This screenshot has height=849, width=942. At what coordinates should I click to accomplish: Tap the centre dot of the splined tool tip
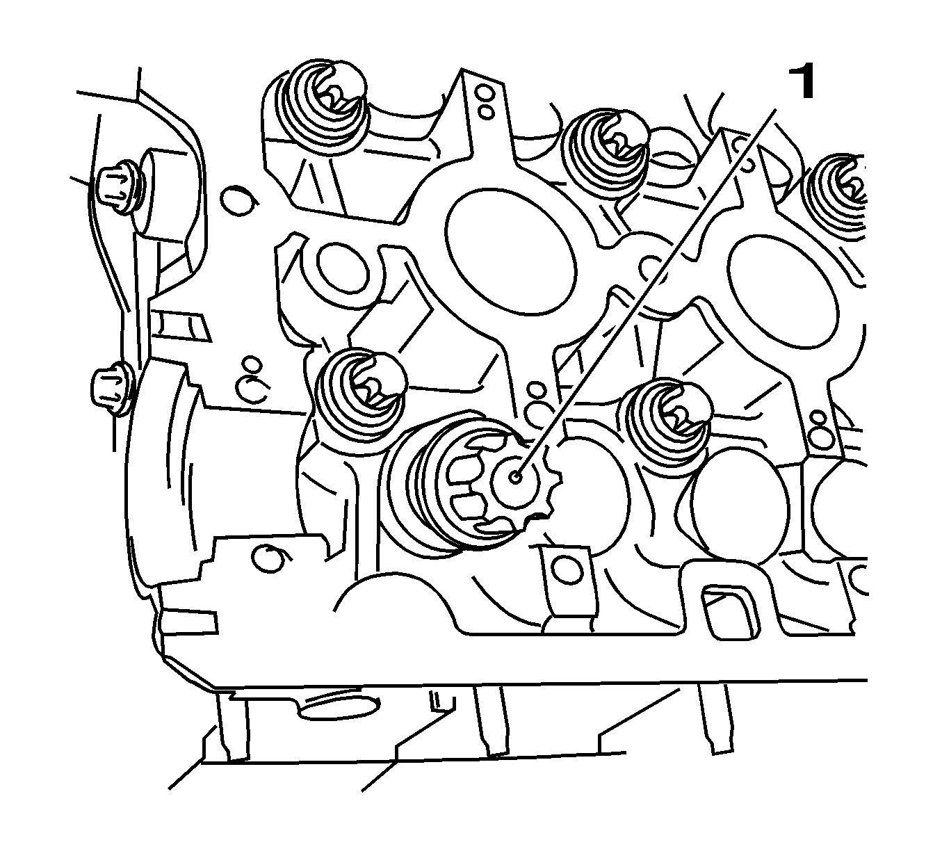[515, 477]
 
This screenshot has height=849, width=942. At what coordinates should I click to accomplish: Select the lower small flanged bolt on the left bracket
[111, 390]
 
